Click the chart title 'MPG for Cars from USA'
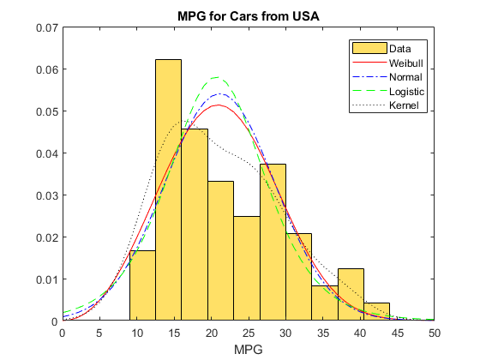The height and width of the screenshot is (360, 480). [249, 17]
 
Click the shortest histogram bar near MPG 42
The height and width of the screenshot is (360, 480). [376, 312]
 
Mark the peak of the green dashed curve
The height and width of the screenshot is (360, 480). [217, 78]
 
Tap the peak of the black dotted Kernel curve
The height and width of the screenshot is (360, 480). [181, 123]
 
